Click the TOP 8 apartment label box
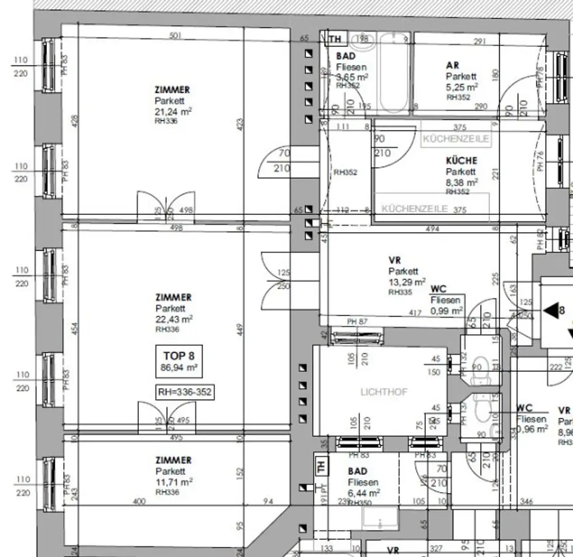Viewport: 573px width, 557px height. coord(178,361)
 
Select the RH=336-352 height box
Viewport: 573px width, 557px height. coord(185,393)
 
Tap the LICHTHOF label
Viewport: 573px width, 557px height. coord(384,392)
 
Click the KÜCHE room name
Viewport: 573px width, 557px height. coord(461,161)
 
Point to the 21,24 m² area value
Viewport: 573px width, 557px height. coord(173,111)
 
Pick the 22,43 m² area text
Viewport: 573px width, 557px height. coord(174,319)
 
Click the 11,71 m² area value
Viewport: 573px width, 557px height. coord(174,482)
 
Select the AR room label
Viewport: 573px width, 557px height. coord(453,65)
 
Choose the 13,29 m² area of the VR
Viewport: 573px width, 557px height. coord(407,282)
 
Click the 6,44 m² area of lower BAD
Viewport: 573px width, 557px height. coord(364,493)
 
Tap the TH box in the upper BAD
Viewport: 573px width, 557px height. coord(334,39)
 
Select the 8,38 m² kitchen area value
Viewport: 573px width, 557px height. coord(462,182)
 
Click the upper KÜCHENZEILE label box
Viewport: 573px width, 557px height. coord(456,139)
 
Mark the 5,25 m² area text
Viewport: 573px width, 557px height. coord(462,87)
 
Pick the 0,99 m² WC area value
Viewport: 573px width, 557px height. coord(446,310)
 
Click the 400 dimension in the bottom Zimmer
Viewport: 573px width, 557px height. coord(139,502)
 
